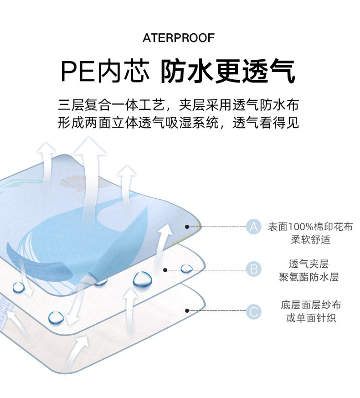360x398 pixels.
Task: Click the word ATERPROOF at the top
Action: coord(178,38)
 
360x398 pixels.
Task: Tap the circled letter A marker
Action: coord(254,226)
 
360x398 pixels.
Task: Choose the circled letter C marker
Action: coord(254,312)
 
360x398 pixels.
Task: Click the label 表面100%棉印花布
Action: coord(310,226)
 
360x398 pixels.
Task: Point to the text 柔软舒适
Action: coord(310,239)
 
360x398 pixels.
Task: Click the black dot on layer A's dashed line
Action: coord(187,226)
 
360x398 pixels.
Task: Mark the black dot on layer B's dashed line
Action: coord(165,269)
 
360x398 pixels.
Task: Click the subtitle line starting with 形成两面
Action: coord(178,123)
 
